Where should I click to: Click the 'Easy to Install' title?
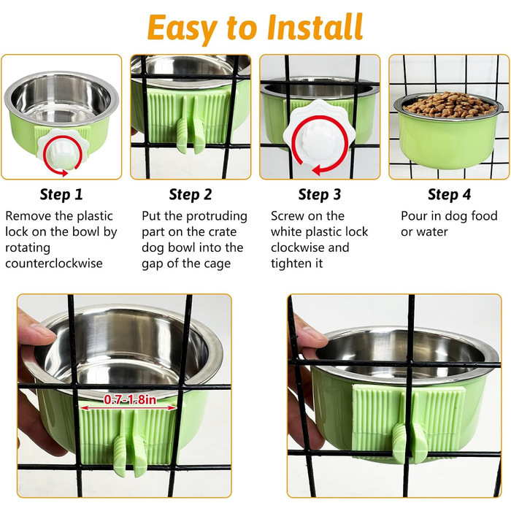point(255,28)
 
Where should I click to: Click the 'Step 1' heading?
point(61,195)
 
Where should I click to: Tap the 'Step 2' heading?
point(191,195)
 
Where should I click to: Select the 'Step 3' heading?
point(320,195)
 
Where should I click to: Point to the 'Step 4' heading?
point(449,195)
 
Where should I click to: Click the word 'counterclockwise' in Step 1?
point(54,263)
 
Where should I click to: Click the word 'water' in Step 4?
point(432,232)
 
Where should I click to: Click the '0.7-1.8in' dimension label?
point(130,400)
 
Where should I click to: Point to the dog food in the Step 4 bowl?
point(448,105)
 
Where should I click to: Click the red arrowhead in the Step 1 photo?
point(64,172)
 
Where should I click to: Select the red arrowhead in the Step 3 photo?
point(316,170)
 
